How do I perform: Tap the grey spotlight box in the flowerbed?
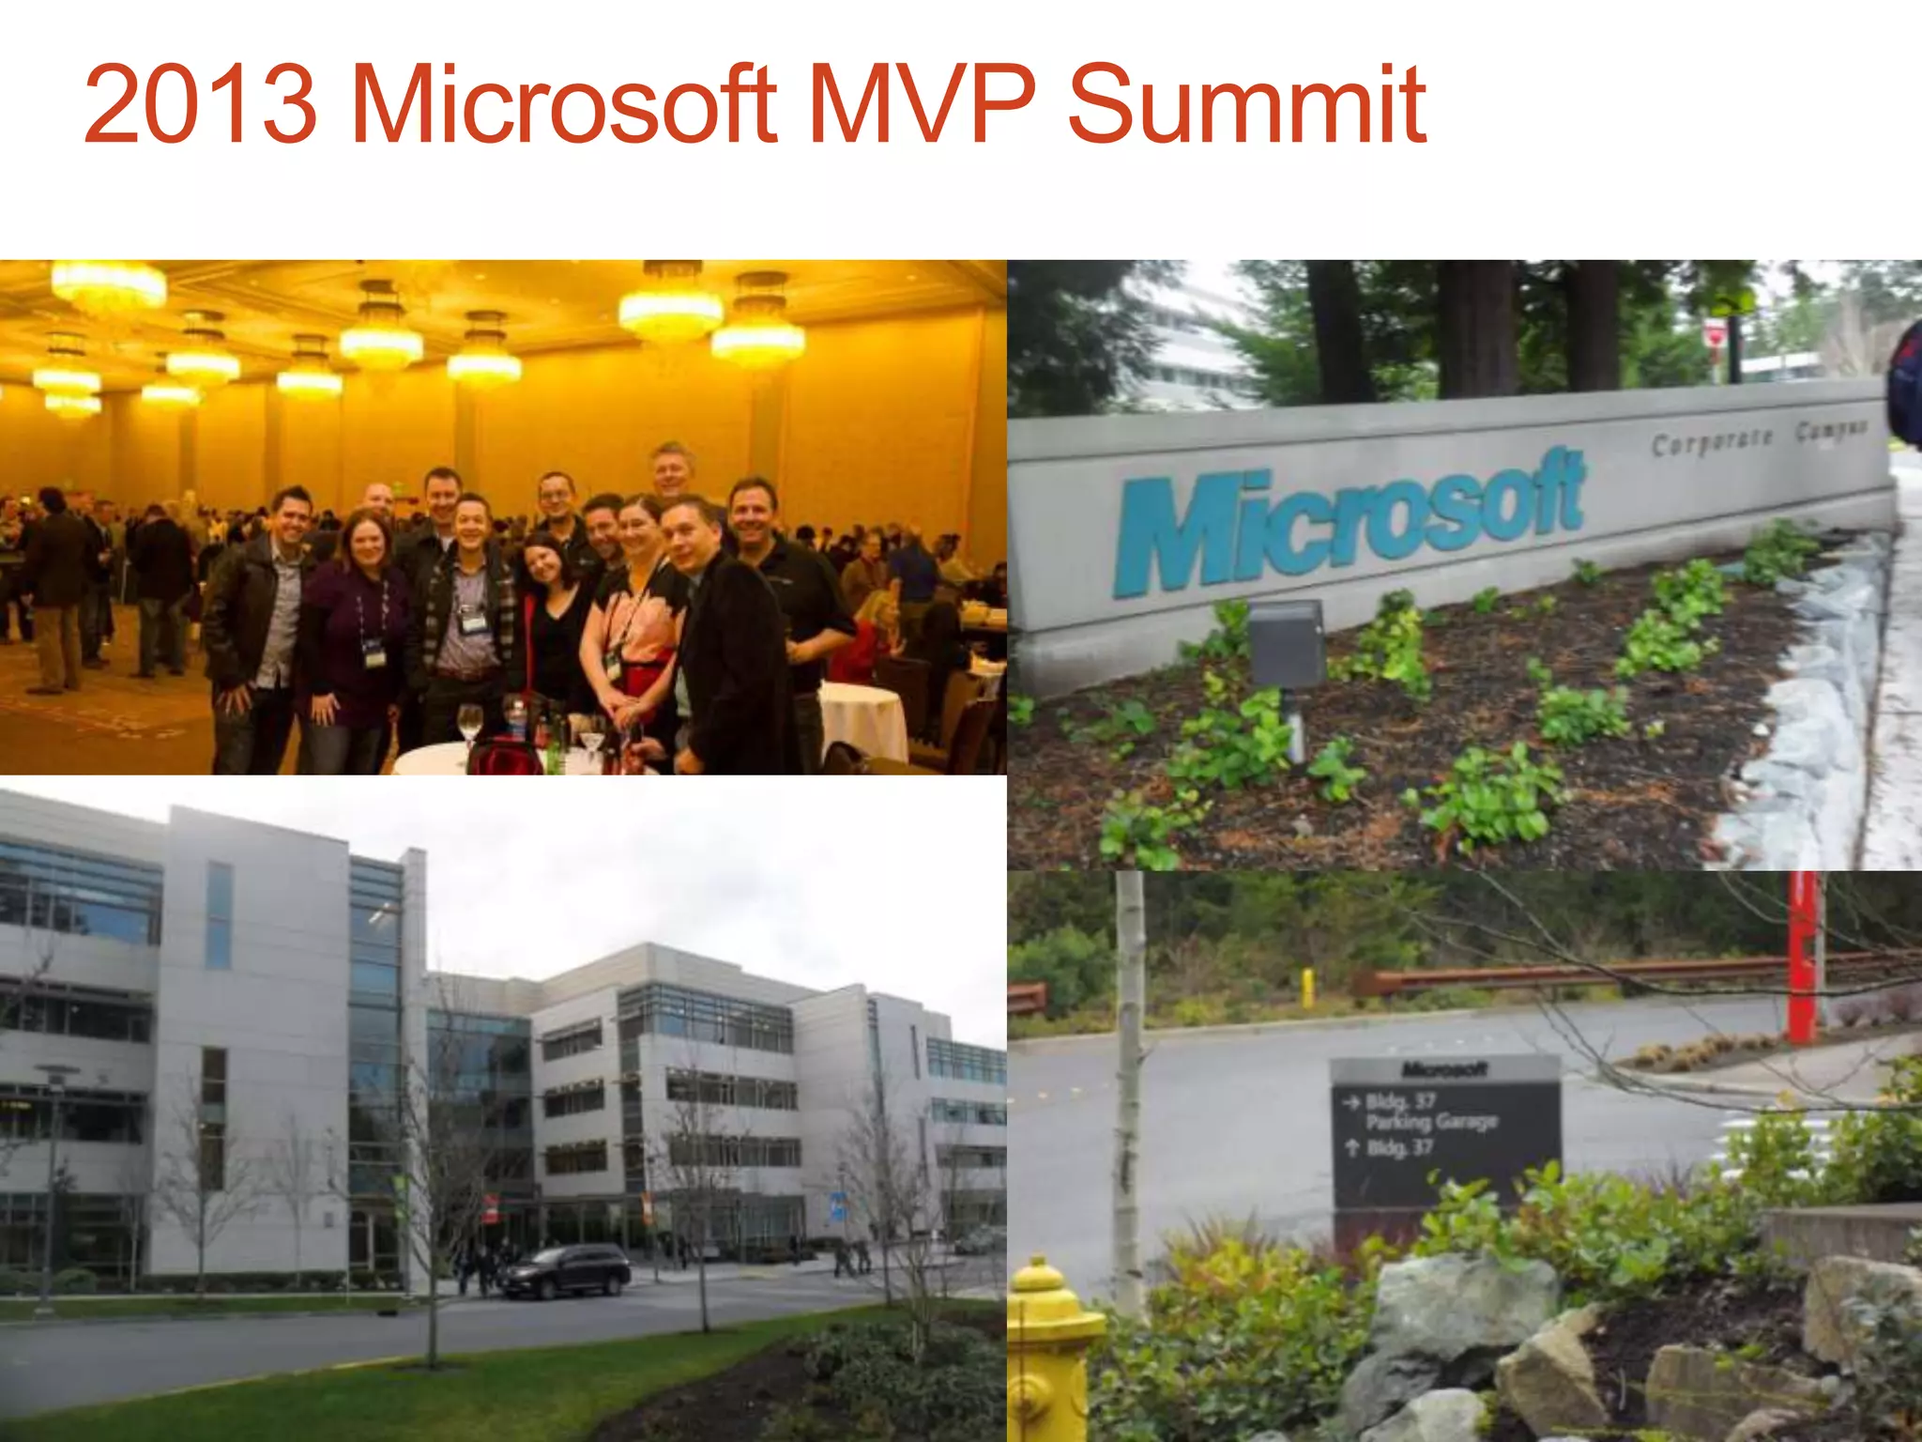pyautogui.click(x=1288, y=644)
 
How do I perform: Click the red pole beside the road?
pyautogui.click(x=1802, y=958)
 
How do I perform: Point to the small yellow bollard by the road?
pyautogui.click(x=1306, y=989)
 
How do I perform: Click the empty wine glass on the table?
pyautogui.click(x=470, y=726)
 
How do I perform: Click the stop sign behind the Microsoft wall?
pyautogui.click(x=1714, y=332)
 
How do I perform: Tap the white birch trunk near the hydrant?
pyautogui.click(x=1130, y=1080)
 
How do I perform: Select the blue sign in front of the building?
pyautogui.click(x=838, y=1204)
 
